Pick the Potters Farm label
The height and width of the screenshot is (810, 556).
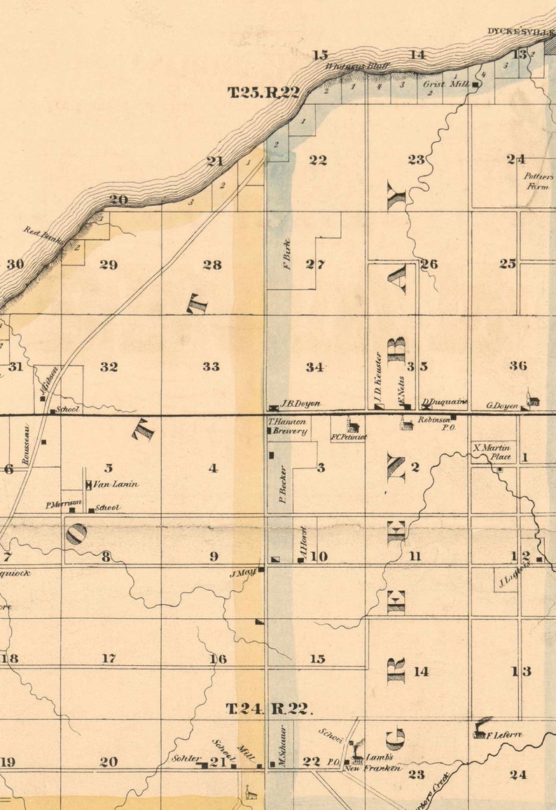point(538,181)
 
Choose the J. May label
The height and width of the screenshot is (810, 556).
point(242,573)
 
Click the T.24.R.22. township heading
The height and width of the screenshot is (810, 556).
point(267,708)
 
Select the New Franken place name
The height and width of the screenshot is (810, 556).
point(373,768)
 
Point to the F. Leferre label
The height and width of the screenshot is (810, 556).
point(505,735)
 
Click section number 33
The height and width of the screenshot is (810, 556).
point(211,366)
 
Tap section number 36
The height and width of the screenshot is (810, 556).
point(518,365)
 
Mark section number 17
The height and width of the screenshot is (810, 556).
point(109,658)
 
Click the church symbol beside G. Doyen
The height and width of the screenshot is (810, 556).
point(534,400)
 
